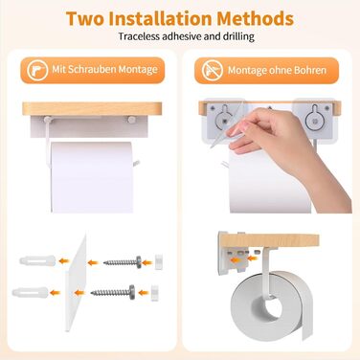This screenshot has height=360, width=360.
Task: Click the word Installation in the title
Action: (x=160, y=18)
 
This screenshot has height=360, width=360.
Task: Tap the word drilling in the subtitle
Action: (x=238, y=36)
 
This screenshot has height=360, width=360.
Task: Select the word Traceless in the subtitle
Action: (x=139, y=36)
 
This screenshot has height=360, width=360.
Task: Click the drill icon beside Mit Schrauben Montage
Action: (x=37, y=70)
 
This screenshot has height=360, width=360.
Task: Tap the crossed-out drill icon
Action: (x=213, y=70)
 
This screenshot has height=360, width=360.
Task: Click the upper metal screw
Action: (x=123, y=262)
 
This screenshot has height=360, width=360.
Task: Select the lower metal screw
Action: (x=113, y=292)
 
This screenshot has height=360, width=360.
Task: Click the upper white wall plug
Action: (x=37, y=260)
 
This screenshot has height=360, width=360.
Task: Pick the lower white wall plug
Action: (x=31, y=292)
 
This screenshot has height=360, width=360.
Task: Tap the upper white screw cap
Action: (x=159, y=262)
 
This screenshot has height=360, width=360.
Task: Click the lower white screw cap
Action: (x=155, y=293)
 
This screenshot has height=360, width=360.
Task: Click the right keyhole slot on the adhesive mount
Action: (x=314, y=117)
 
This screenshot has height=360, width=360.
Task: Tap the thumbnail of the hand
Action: (x=236, y=130)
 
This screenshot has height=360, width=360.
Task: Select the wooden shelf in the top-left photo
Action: (x=92, y=109)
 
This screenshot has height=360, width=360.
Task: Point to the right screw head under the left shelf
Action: (x=131, y=120)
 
